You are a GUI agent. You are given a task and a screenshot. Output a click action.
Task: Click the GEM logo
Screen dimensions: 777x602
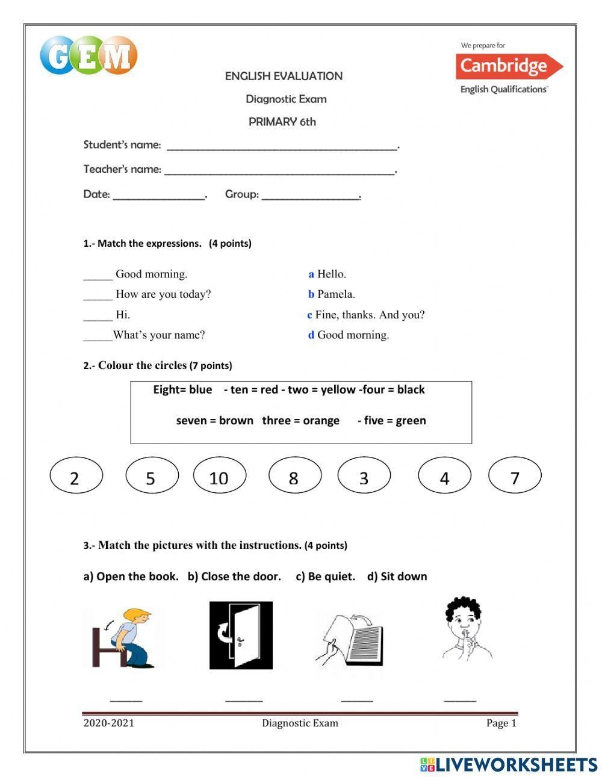(88, 55)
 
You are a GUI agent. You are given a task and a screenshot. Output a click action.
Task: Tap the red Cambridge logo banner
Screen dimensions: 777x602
(509, 66)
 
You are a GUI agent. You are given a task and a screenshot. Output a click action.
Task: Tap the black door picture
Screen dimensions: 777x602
(241, 635)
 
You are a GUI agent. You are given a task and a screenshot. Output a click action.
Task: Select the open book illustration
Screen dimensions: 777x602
(350, 638)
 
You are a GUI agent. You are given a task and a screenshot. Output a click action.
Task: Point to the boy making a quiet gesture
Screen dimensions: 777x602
(465, 629)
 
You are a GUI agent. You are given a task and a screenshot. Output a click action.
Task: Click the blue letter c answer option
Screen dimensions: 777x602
(309, 315)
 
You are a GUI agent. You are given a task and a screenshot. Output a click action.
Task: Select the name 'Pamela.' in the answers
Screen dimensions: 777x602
(336, 294)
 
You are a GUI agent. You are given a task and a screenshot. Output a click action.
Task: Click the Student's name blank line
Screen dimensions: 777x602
(282, 146)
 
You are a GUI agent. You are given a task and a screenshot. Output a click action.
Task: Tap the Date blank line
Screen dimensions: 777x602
(159, 196)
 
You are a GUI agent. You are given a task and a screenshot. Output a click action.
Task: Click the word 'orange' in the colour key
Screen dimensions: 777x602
(321, 421)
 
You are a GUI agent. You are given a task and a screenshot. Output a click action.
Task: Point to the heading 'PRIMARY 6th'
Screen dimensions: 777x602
(282, 122)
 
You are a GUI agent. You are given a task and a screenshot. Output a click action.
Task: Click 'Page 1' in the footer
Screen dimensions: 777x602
(501, 723)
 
